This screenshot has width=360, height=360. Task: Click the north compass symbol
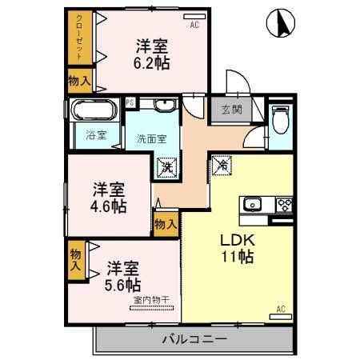click(281, 23)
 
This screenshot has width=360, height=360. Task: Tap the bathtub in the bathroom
click(94, 110)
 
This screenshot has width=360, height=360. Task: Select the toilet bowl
click(281, 119)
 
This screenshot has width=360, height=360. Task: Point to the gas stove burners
click(285, 205)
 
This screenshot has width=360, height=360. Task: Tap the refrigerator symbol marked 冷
click(222, 165)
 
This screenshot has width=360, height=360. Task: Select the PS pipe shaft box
click(130, 102)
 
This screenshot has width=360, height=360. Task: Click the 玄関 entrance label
click(232, 110)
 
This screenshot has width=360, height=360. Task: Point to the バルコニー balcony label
click(194, 339)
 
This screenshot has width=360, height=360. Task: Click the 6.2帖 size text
click(151, 64)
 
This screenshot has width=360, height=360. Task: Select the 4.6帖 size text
click(108, 206)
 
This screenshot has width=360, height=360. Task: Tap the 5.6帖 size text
click(122, 285)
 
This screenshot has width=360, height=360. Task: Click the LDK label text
click(238, 240)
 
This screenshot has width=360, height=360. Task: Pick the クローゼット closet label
click(79, 38)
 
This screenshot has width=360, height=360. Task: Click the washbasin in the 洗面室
click(165, 105)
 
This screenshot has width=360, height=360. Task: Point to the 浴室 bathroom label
click(96, 135)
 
